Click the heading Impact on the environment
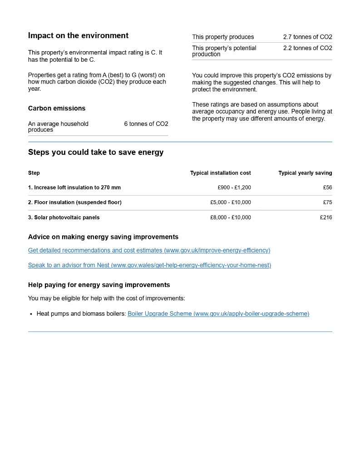coord(78,35)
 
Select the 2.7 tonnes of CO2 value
coord(307,37)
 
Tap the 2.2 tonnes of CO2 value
coord(307,48)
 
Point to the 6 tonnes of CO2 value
coord(146,124)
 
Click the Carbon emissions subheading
coord(57,108)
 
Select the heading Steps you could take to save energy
coord(96,152)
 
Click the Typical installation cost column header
coord(220,173)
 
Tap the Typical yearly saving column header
coord(305,173)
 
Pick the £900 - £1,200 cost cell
coord(234,188)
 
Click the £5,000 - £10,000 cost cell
coord(231,203)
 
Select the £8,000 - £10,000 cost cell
coord(231,218)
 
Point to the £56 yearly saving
coord(327,188)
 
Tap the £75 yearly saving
coord(327,203)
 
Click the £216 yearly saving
coord(326,218)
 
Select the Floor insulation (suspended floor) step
coord(75,203)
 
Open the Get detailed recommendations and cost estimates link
coord(149,250)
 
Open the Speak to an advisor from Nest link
coord(149,265)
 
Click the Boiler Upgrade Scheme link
coord(218,313)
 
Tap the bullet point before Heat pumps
coord(31,314)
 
